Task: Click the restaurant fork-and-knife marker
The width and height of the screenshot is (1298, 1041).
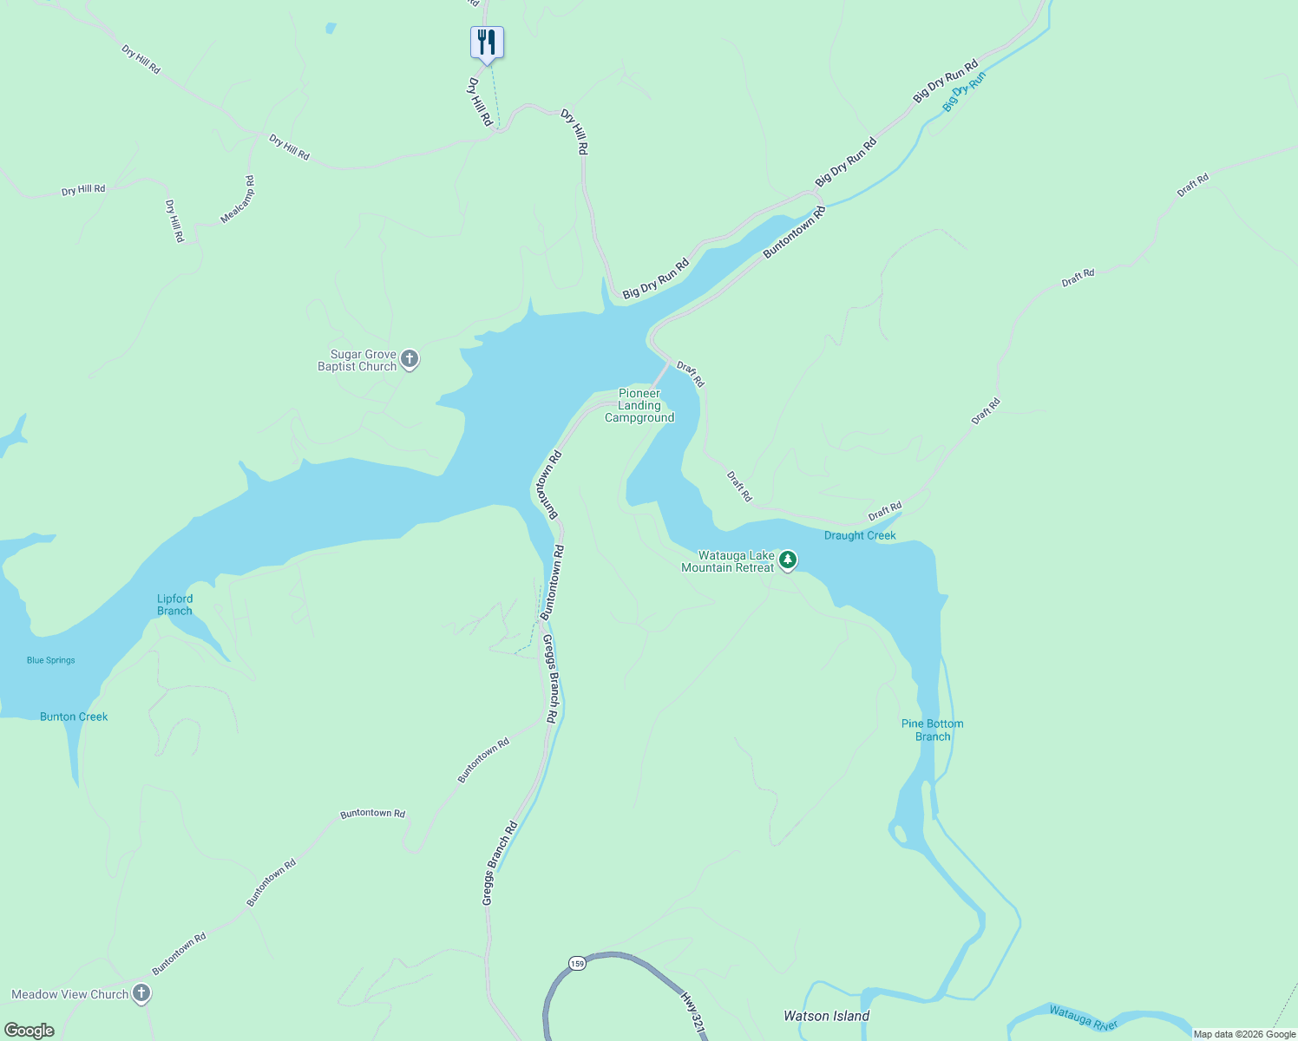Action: tap(487, 42)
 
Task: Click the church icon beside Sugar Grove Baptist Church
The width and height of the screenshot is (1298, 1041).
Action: tap(410, 359)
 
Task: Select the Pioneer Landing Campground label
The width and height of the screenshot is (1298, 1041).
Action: tap(639, 406)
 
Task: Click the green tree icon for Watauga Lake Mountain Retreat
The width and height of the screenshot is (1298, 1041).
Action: tap(788, 560)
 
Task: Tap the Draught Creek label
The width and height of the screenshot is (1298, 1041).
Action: tap(860, 536)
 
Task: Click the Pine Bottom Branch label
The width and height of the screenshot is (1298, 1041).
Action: tap(932, 730)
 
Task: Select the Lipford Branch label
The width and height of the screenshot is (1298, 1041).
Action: tap(174, 605)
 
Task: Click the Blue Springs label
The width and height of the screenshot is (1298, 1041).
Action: tap(51, 660)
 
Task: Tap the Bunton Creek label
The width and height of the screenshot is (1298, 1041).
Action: tap(74, 717)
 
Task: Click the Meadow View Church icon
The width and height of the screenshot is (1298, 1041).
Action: tap(141, 994)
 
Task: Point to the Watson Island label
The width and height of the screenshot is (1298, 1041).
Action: tap(826, 1016)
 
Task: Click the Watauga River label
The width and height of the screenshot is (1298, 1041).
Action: tap(1083, 1018)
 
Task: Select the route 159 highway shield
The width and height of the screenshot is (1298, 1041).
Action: tap(577, 964)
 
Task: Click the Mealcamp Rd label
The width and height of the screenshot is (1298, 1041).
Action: tap(238, 200)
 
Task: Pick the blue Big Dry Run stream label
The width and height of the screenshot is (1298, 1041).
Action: tap(964, 91)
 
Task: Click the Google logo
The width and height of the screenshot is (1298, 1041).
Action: tap(29, 1031)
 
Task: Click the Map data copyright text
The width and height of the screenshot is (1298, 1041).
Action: tap(1244, 1034)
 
